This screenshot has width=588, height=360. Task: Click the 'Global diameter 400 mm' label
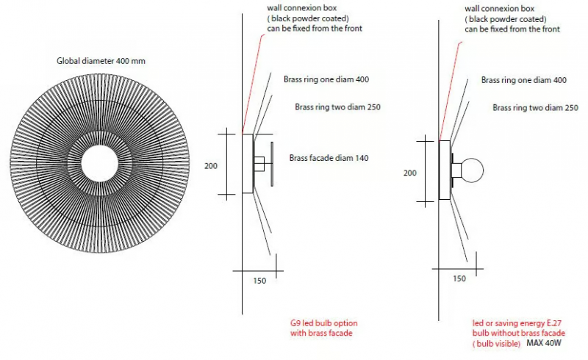coord(101,61)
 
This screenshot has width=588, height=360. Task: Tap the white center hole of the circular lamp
coord(100,164)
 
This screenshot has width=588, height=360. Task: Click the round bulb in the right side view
coord(472,170)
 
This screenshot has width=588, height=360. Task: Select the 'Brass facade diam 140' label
coord(329,158)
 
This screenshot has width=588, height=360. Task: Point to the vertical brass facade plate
coord(272,164)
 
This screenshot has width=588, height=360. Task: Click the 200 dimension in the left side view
coord(211,166)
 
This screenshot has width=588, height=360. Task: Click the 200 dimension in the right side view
coord(410,173)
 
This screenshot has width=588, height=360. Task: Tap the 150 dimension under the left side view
coord(259,281)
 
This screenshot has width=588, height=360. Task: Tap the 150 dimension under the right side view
coord(459,278)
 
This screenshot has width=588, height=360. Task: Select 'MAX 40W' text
coord(544,343)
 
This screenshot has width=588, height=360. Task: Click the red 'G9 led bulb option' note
coord(324,323)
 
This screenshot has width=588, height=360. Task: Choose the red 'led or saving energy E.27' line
coord(517,323)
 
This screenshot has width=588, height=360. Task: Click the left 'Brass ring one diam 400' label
coord(326,79)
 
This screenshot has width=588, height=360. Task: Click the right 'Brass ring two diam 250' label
coord(536,107)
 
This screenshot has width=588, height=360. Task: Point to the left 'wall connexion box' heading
coord(302,8)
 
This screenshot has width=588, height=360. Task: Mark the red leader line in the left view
coord(254,84)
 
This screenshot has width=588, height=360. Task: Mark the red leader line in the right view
coord(451,91)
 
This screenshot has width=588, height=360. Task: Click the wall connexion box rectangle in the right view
coord(445,170)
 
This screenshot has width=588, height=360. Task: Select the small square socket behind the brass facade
coord(259,164)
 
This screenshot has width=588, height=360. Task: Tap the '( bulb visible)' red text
coord(497,344)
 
